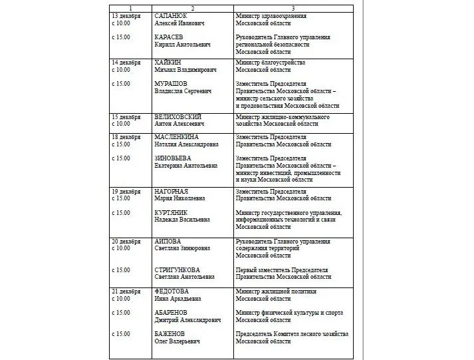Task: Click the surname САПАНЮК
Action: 171,15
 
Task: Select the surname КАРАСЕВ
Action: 169,37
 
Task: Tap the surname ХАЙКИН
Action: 169,62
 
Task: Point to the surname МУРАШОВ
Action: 171,84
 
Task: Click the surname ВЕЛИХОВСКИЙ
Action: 178,116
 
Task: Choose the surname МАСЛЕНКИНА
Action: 176,137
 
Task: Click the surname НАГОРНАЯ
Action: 172,192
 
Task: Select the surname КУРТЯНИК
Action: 171,213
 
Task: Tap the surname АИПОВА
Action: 168,241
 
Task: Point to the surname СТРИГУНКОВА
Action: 178,270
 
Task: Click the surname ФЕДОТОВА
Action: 172,291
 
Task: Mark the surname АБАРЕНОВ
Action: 171,313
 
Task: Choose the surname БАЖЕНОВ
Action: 170,334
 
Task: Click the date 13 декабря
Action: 126,15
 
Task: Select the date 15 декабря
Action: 126,116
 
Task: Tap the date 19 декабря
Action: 126,192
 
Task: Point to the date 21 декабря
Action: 126,291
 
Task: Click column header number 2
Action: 192,7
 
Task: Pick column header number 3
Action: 293,7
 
